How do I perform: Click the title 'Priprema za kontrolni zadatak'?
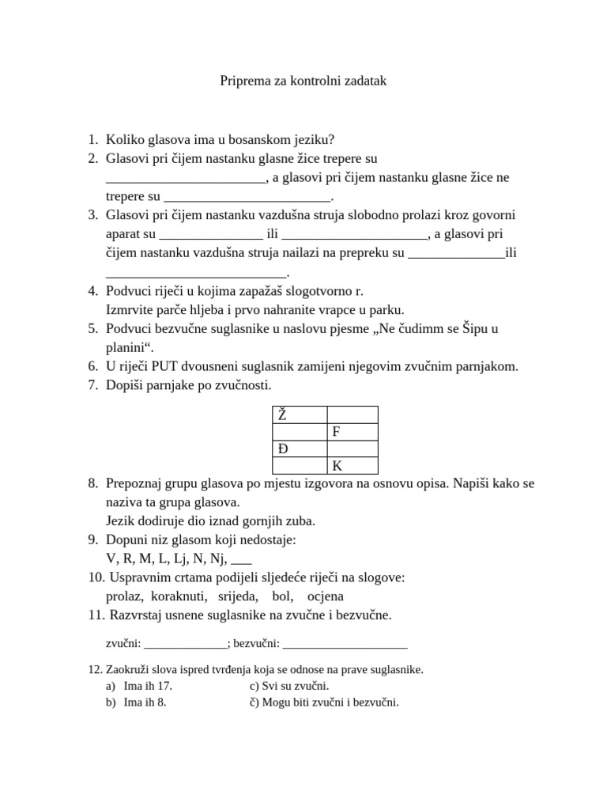[303, 81]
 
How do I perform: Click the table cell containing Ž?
[300, 414]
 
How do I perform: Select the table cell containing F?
[353, 431]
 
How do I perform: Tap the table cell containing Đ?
[300, 449]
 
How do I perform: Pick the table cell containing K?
[353, 465]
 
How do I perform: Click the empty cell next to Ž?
[353, 414]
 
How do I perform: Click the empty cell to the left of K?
[300, 465]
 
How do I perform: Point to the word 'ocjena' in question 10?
[325, 596]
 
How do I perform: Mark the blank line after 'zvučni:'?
[184, 643]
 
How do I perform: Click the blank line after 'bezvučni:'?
[345, 643]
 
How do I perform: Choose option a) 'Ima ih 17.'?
[148, 686]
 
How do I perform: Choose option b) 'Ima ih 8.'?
[145, 702]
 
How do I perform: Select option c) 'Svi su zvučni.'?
[288, 686]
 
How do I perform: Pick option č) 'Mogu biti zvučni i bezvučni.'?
[324, 702]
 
